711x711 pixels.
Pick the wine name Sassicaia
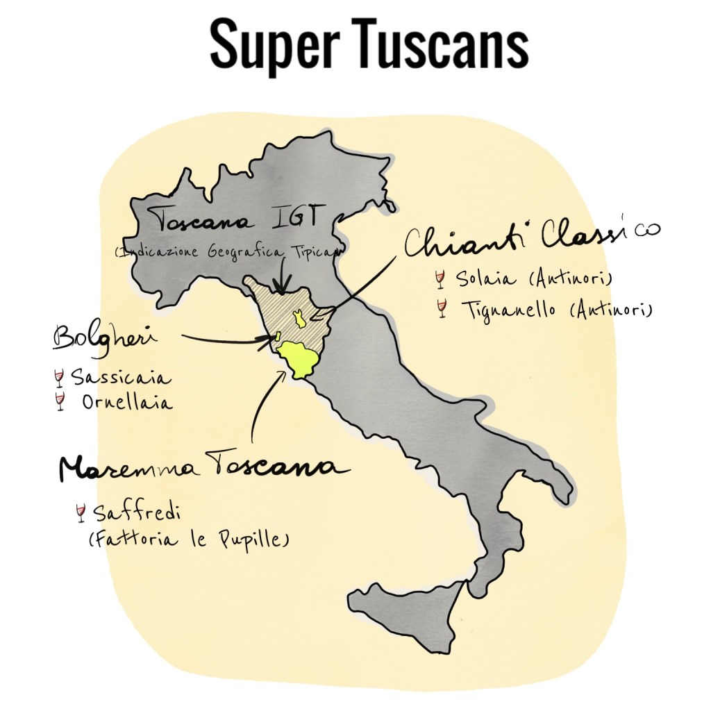[x=121, y=379]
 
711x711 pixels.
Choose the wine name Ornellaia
[x=126, y=402]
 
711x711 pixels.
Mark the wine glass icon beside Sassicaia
[x=59, y=378]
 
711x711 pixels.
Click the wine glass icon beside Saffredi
[x=81, y=514]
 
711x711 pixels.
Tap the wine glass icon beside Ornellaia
[x=60, y=401]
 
